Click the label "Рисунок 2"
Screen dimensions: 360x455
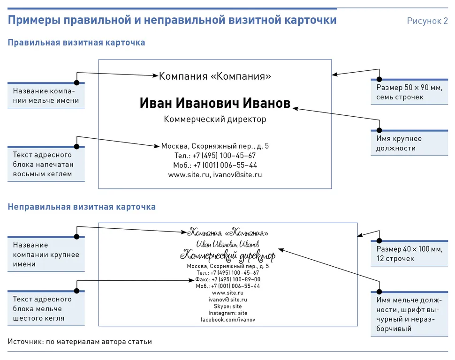click(427, 21)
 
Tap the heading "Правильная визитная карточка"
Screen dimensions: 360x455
click(76, 43)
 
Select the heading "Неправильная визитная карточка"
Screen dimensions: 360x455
click(82, 207)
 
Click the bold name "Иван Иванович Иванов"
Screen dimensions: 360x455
click(215, 104)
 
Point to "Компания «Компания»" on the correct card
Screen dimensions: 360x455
click(215, 76)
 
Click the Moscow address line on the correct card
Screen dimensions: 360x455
click(215, 146)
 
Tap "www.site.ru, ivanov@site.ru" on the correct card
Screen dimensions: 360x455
click(215, 175)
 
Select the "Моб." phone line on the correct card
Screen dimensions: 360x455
click(215, 165)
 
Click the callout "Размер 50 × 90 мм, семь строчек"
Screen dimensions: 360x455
click(409, 92)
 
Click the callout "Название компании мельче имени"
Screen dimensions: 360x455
click(46, 96)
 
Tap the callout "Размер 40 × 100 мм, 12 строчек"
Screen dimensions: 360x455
click(409, 254)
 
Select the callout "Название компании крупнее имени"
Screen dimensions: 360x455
click(46, 255)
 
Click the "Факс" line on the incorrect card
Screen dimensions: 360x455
click(227, 279)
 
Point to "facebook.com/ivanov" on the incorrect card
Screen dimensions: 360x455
click(227, 320)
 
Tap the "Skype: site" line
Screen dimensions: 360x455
click(227, 306)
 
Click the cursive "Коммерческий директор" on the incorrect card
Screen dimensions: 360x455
click(227, 256)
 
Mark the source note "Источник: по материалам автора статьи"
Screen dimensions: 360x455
click(80, 342)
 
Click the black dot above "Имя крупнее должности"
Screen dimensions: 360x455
click(379, 130)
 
